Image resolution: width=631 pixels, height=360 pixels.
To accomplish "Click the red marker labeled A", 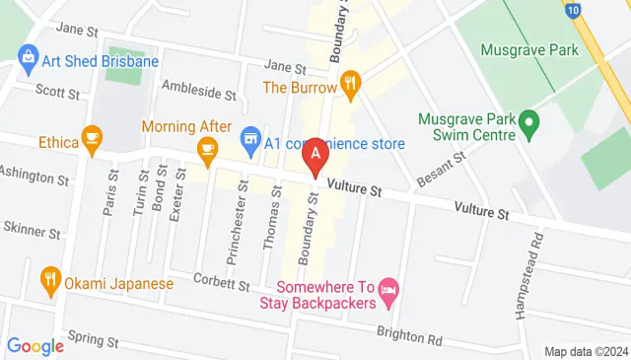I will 315,155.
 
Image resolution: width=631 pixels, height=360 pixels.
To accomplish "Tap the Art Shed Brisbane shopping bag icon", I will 27,60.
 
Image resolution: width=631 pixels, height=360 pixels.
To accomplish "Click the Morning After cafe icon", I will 207,149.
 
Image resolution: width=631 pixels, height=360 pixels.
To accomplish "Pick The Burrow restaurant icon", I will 348,81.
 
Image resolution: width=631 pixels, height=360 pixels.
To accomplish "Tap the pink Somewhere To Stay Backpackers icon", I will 388,288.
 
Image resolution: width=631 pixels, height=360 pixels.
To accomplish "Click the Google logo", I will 35,346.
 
